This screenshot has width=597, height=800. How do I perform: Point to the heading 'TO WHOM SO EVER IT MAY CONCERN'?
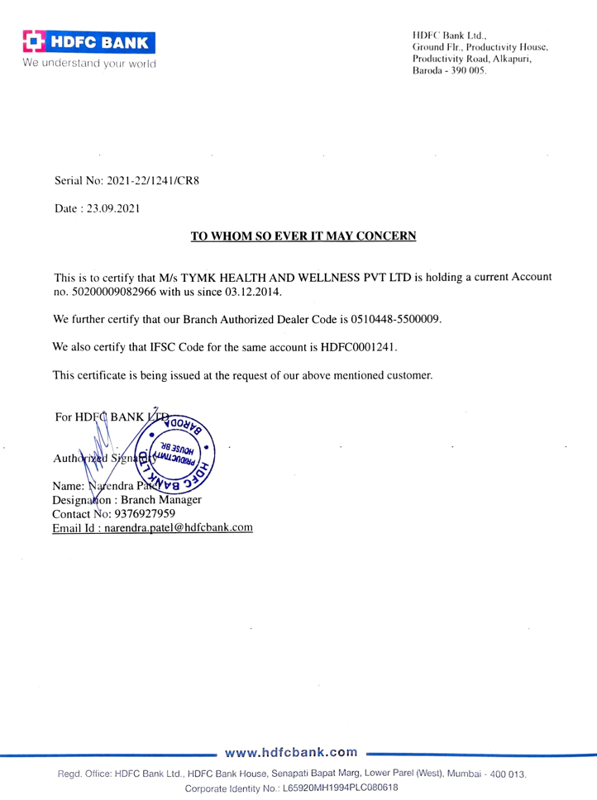[x=303, y=236]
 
